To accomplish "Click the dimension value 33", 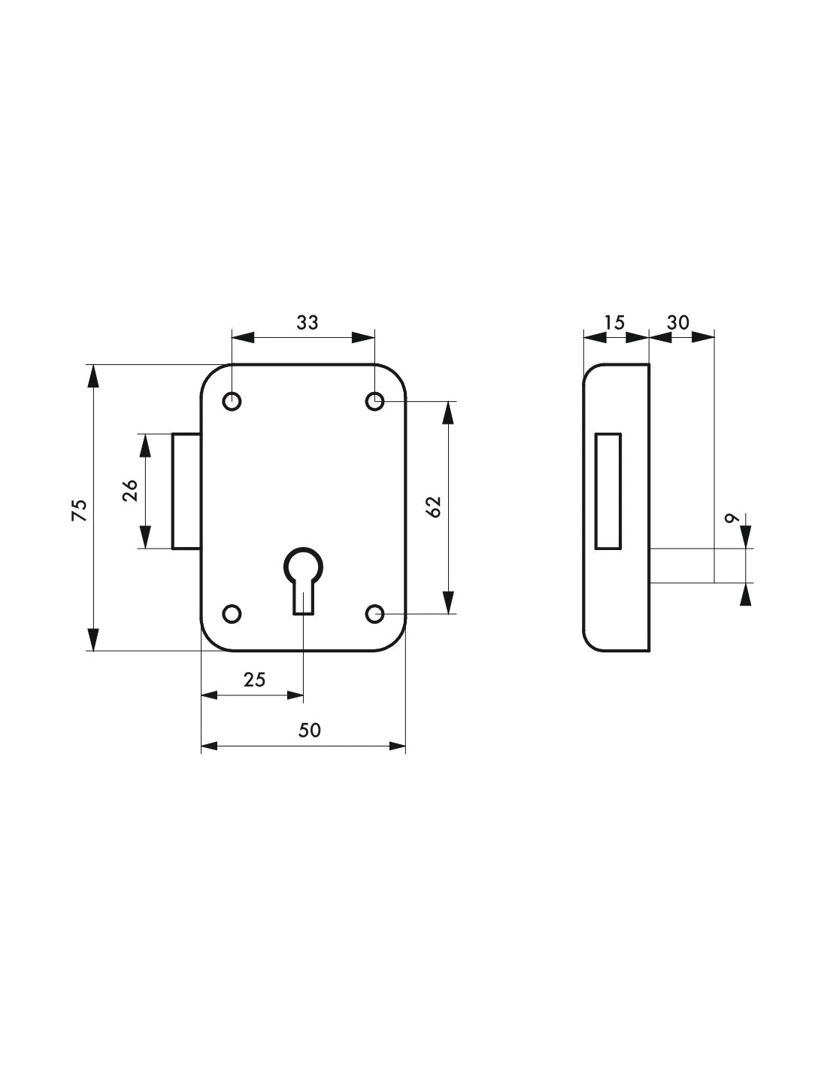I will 307,323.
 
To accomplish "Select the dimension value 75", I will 79,509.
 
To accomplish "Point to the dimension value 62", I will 434,506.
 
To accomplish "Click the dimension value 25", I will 255,679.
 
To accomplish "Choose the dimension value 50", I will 309,730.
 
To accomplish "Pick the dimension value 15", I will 614,323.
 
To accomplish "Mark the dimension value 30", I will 678,323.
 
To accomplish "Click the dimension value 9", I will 729,518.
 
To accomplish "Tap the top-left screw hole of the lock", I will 232,402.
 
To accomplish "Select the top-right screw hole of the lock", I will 374,402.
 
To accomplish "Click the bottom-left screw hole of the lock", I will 232,614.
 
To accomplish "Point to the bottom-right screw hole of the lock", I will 374,614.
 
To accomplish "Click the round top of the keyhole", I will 303,564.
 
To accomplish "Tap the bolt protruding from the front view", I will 186,491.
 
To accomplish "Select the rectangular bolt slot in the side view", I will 608,491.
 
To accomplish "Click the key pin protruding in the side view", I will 680,565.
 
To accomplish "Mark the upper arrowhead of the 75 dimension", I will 92,376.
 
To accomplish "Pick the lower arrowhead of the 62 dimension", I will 448,602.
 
